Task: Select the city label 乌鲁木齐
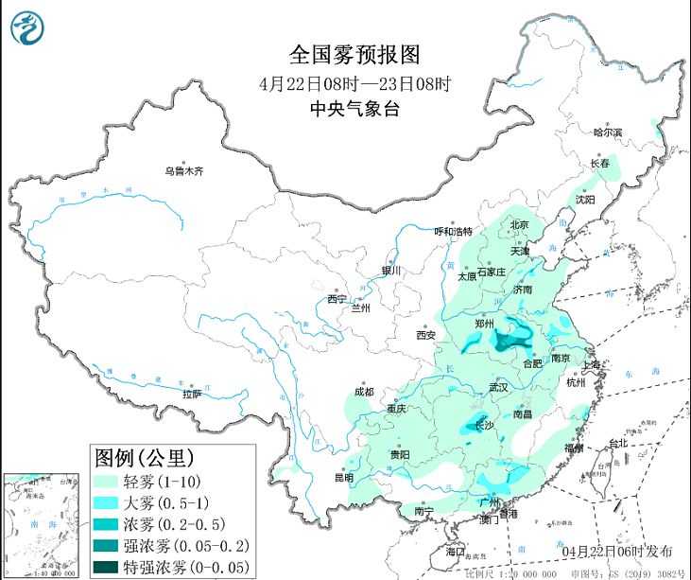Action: coord(183,171)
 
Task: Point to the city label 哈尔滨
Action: coord(607,133)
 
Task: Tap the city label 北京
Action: coord(519,225)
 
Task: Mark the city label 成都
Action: coord(363,392)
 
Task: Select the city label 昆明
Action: coord(344,478)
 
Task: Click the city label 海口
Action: coord(456,551)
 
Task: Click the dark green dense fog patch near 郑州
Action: coord(515,337)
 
